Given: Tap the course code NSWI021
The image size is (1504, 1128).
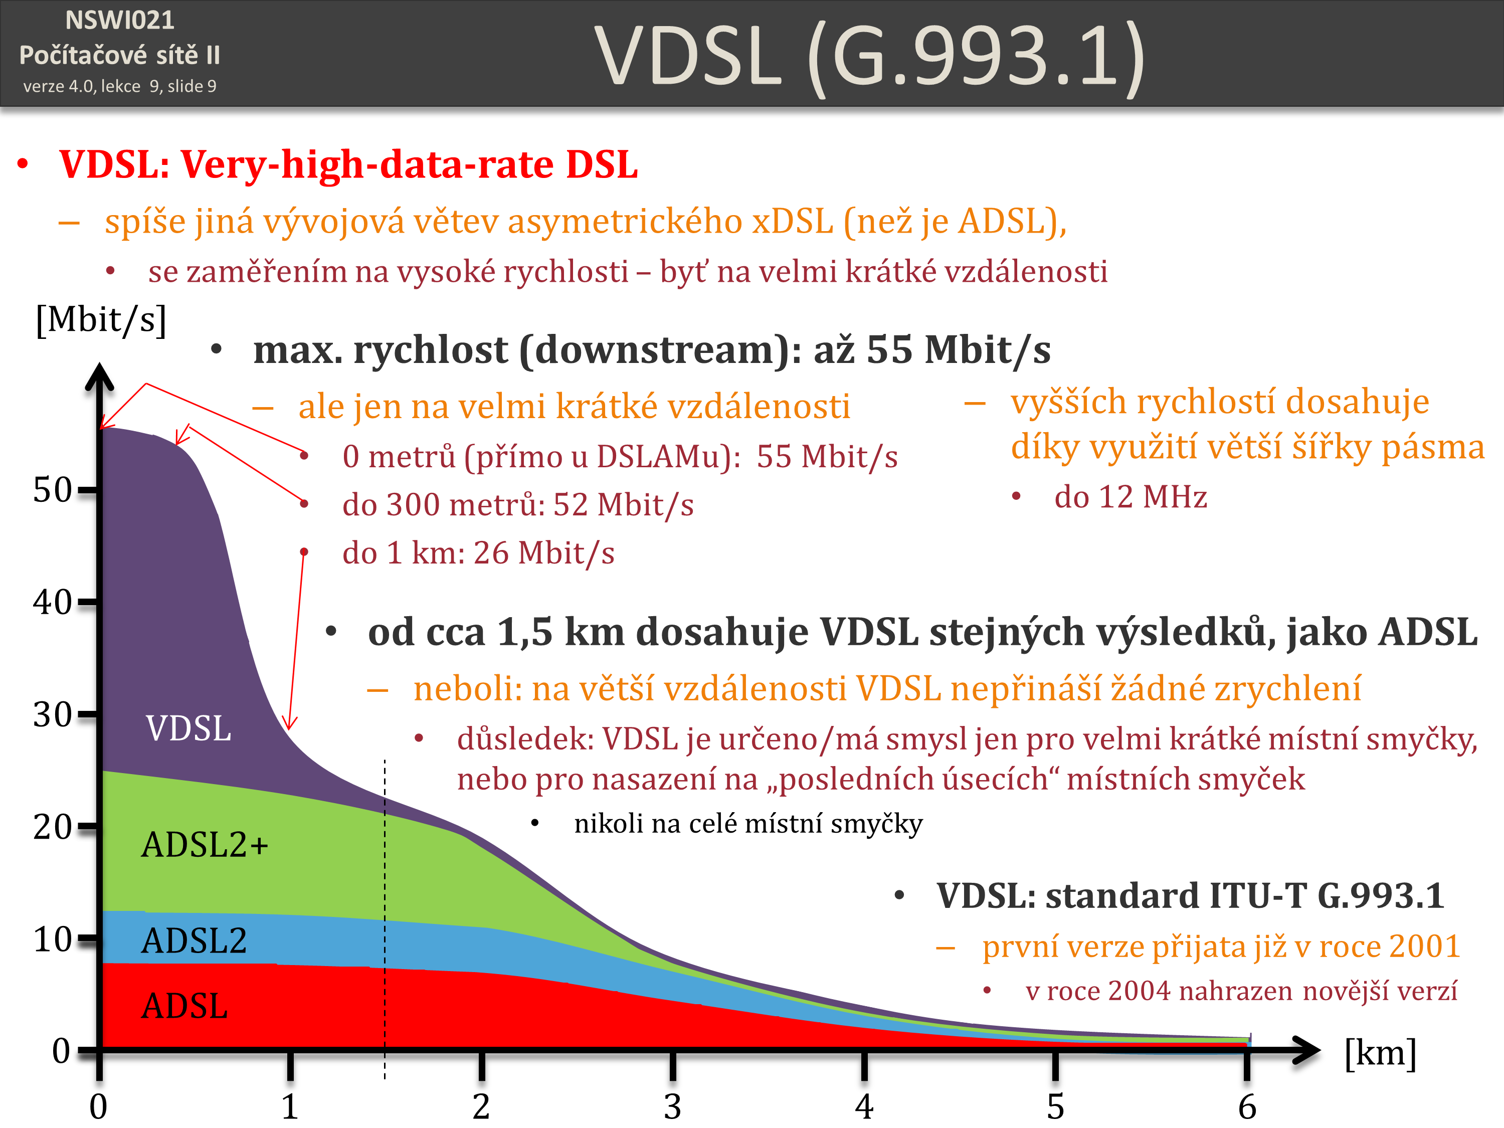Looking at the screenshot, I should [120, 21].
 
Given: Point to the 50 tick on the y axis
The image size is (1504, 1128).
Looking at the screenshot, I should [53, 489].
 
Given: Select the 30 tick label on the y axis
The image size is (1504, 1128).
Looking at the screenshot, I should [53, 714].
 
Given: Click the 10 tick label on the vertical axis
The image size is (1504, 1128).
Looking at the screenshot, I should [53, 939].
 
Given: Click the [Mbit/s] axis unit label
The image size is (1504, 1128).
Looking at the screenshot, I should [101, 319].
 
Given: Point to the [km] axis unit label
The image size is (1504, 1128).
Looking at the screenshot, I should [1380, 1052].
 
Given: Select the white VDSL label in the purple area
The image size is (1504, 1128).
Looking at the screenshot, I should [189, 728].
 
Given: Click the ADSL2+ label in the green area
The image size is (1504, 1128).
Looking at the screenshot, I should [205, 845].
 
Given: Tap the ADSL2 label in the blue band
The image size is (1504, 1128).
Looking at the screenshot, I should [194, 941].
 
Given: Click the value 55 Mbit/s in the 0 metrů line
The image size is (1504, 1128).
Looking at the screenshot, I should [827, 457].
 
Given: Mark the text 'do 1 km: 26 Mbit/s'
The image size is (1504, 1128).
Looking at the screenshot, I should [478, 553].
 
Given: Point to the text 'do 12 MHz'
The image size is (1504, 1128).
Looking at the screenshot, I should [1130, 497].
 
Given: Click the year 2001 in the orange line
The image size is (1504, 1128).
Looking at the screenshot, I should [1424, 946].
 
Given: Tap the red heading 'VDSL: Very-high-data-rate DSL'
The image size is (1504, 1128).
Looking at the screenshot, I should [348, 164].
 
